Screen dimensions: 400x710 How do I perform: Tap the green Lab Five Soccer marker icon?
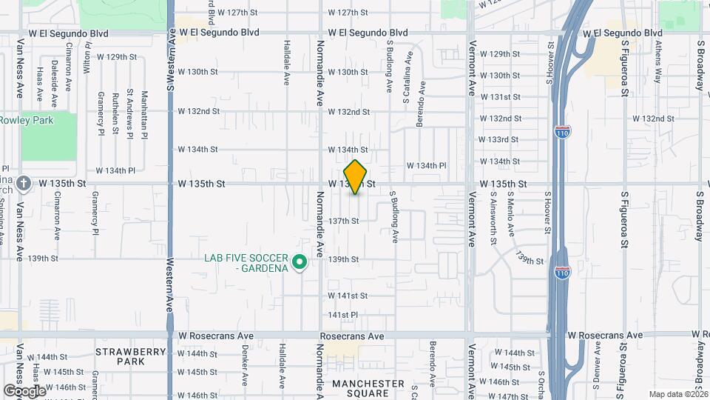pyautogui.click(x=300, y=263)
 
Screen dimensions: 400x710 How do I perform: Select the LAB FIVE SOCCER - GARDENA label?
pyautogui.click(x=246, y=263)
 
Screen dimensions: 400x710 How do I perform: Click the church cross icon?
pyautogui.click(x=23, y=183)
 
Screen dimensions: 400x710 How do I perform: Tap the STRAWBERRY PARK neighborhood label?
pyautogui.click(x=120, y=356)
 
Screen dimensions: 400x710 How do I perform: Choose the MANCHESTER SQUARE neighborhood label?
pyautogui.click(x=368, y=388)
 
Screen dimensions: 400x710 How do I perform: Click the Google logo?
pyautogui.click(x=24, y=390)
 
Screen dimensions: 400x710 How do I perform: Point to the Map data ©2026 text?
pyautogui.click(x=678, y=394)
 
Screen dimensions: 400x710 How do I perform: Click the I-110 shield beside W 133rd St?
pyautogui.click(x=561, y=132)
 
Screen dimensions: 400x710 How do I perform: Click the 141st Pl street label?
pyautogui.click(x=343, y=315)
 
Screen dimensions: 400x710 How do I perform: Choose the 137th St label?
pyautogui.click(x=344, y=221)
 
